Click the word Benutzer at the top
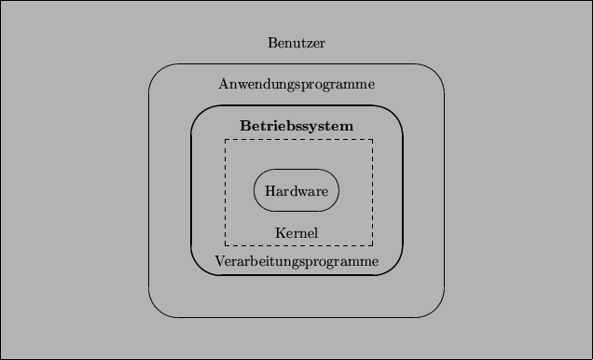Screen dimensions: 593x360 [296, 43]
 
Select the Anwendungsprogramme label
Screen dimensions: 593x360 [296, 85]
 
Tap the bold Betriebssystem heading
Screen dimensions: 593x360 [296, 125]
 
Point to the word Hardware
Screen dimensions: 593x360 [296, 191]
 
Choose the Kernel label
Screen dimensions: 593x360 [296, 232]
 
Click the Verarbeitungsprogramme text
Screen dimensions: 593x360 [296, 261]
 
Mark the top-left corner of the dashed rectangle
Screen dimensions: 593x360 [225, 140]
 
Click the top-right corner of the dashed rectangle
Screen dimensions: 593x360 [373, 140]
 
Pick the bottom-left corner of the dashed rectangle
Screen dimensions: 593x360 [225, 244]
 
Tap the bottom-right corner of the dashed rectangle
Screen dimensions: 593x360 [373, 244]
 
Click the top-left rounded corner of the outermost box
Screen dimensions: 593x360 [158, 73]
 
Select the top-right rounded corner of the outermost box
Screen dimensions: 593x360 [435, 73]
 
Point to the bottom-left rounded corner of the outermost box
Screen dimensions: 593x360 [158, 309]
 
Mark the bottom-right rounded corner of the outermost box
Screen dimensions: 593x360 [435, 309]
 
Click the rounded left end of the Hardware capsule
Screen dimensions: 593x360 [255, 190]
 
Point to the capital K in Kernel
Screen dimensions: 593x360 [280, 232]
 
